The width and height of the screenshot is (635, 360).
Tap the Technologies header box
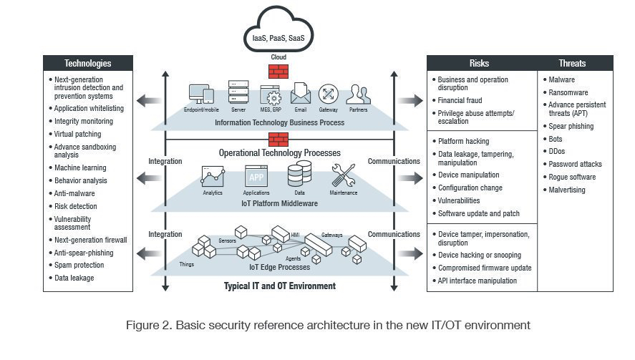tap(88, 63)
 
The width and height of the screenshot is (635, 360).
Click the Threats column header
tap(575, 63)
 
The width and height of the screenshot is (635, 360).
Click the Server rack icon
tap(238, 93)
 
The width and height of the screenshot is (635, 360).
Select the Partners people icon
tap(357, 94)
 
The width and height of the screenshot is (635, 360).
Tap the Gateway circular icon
tap(328, 94)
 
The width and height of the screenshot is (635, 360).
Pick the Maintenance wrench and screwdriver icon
tap(342, 176)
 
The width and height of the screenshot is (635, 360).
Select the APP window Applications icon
tap(256, 175)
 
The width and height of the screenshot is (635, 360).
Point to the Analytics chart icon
tap(213, 176)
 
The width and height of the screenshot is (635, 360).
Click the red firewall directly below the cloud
tap(278, 72)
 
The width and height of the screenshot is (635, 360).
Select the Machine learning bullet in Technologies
tap(80, 167)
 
